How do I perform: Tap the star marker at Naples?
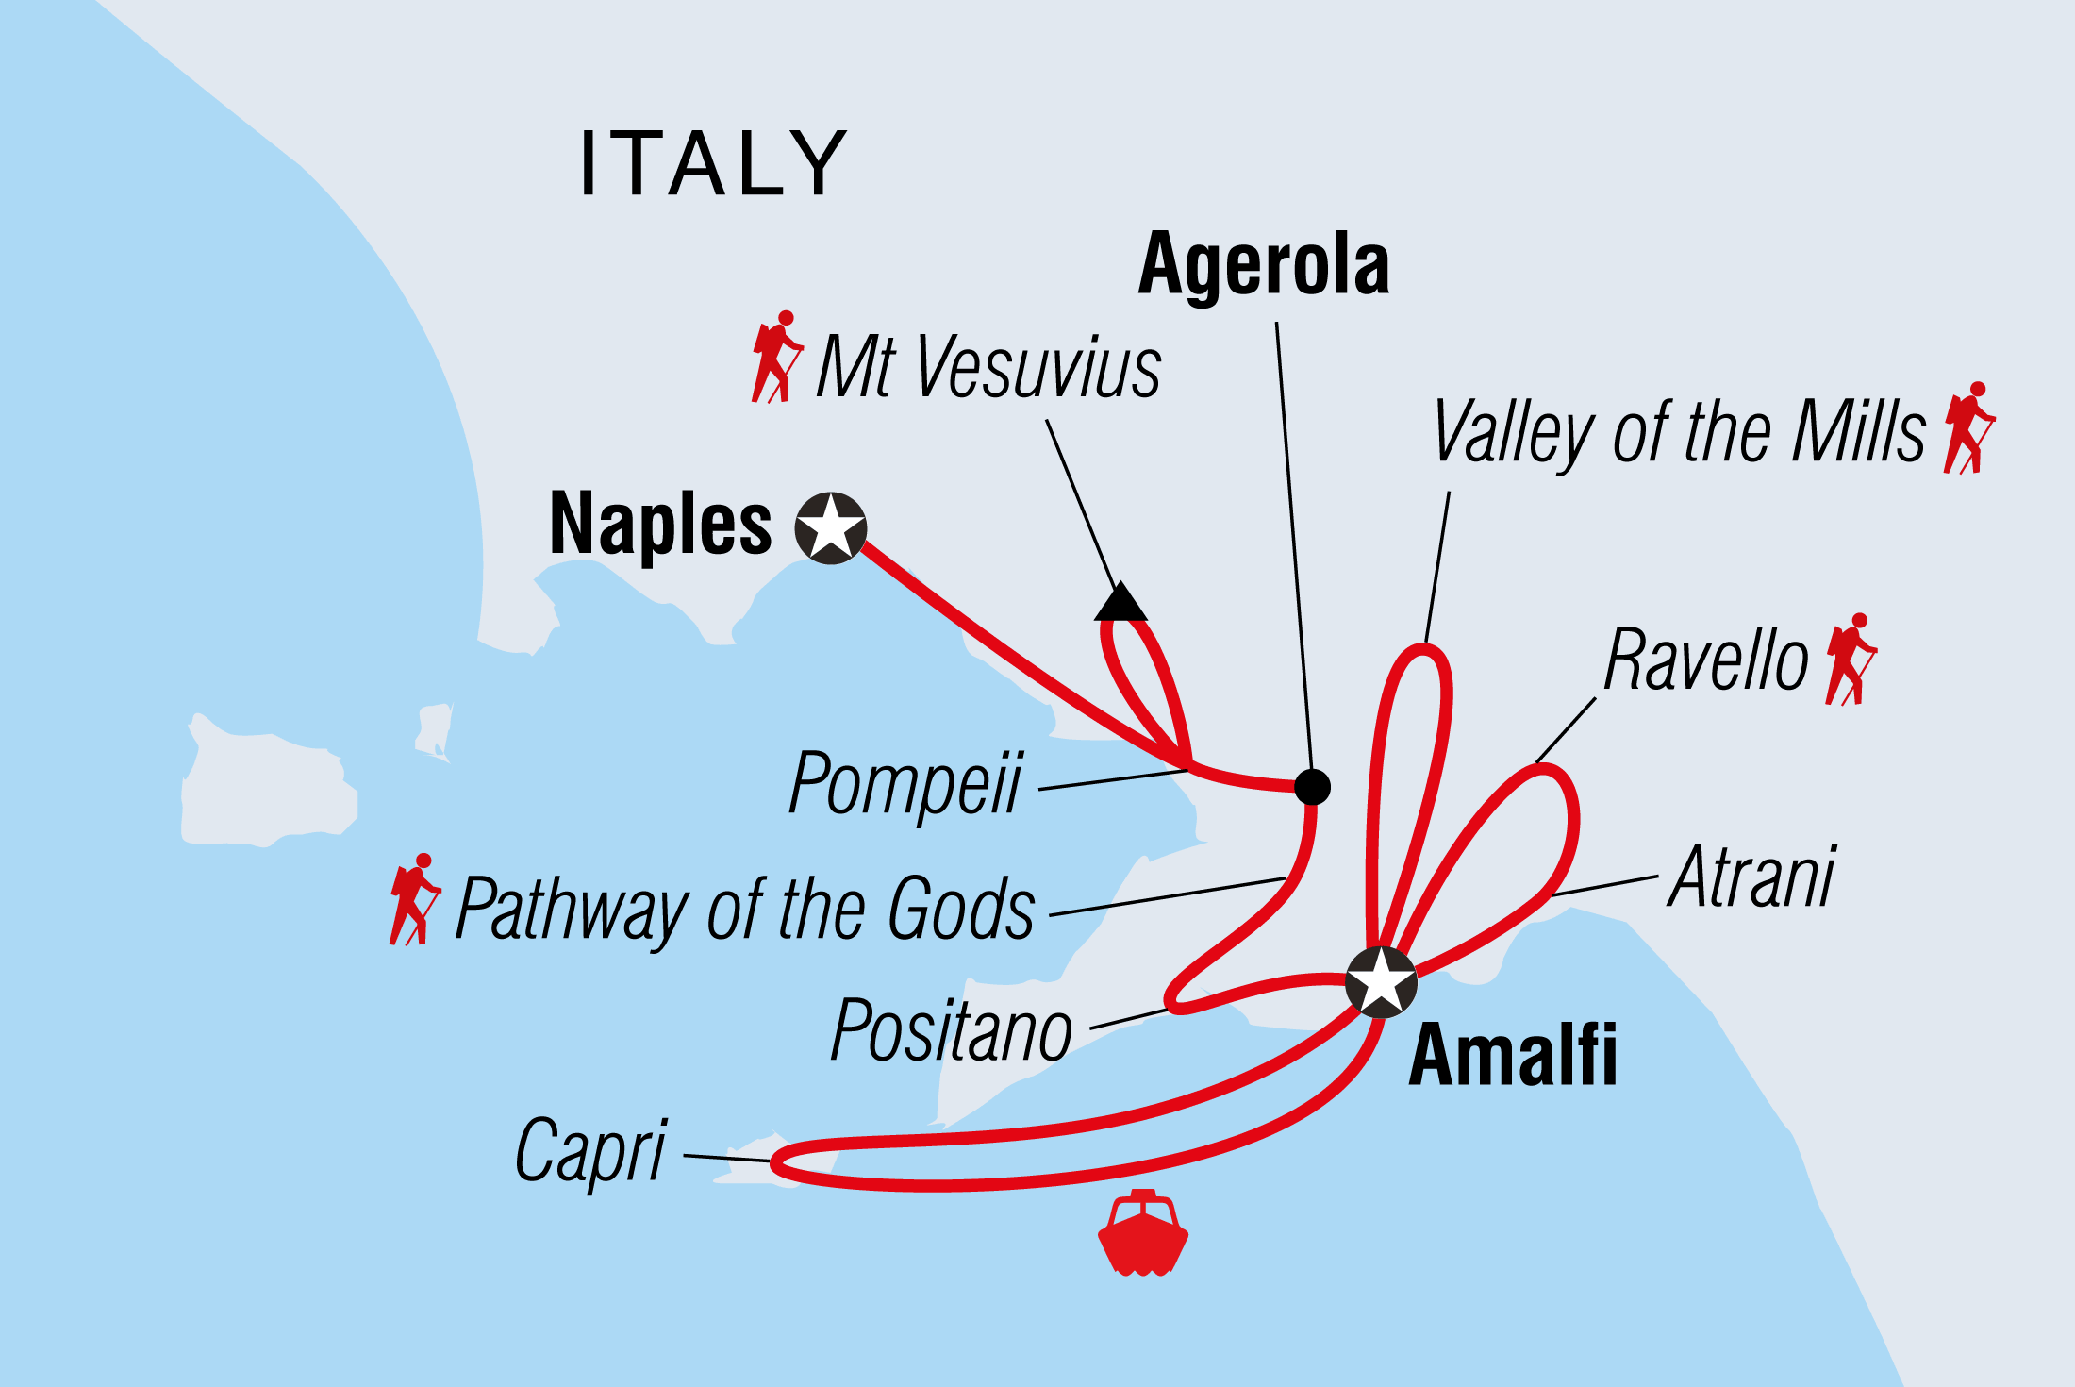click(830, 527)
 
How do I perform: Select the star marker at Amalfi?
click(1381, 982)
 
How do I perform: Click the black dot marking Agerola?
click(1312, 786)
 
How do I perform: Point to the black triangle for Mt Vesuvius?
click(1120, 603)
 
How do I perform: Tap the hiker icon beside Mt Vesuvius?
click(776, 357)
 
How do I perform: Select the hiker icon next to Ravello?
click(1851, 660)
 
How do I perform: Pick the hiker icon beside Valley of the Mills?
click(1968, 428)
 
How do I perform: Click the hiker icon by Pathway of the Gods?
click(414, 899)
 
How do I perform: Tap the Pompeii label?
click(905, 783)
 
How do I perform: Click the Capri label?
click(591, 1150)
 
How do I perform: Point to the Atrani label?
click(1752, 877)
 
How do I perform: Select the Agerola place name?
click(1264, 265)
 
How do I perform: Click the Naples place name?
click(660, 525)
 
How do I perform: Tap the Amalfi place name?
click(1513, 1055)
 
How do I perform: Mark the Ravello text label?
click(1706, 660)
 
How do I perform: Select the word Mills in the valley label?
click(1859, 431)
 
